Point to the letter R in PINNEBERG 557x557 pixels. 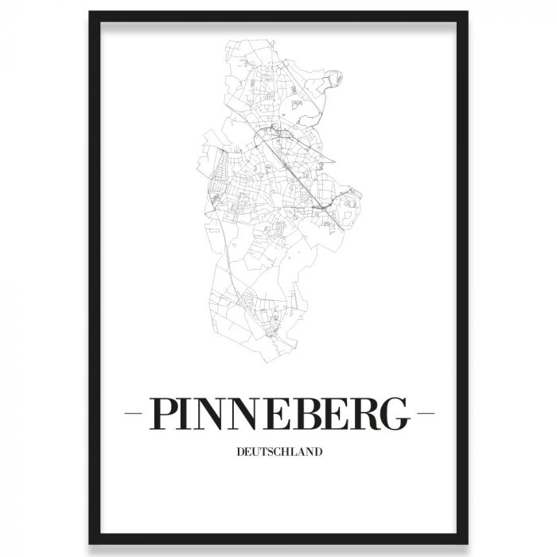pos(363,415)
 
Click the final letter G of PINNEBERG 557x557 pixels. pos(395,415)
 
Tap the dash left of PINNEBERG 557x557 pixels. pos(134,415)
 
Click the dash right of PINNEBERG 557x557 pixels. pos(426,415)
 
